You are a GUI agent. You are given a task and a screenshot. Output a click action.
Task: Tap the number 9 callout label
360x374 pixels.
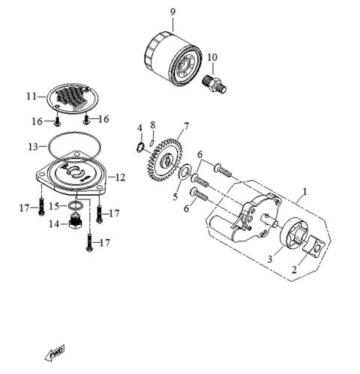172,11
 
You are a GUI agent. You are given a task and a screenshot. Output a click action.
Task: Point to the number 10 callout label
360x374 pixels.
212,57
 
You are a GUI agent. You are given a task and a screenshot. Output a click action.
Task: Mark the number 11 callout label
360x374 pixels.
31,97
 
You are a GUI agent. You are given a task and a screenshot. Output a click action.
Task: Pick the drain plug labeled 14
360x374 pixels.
74,223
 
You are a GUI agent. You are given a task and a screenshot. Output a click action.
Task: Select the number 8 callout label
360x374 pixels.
152,124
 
